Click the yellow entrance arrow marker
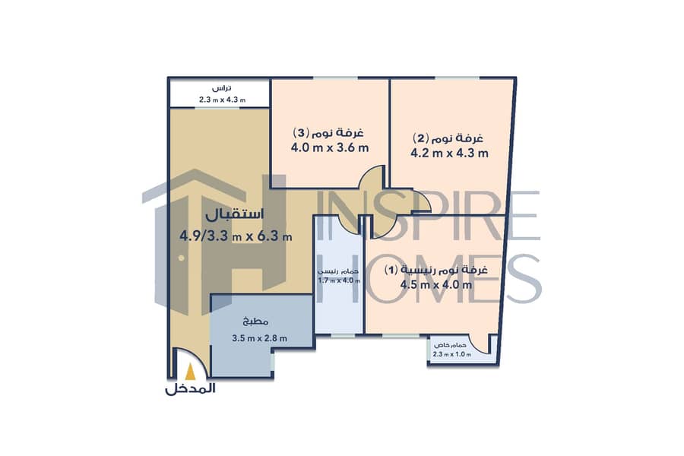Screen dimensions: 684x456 point(190,372)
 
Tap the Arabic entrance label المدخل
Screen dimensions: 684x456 point(190,389)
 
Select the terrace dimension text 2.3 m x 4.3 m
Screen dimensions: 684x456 point(222,100)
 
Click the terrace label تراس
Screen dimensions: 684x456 point(222,88)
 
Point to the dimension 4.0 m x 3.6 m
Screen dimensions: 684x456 point(330,147)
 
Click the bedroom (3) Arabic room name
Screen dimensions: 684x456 point(328,131)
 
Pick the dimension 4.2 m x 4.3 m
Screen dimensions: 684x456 point(449,154)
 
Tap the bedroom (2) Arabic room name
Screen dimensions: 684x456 point(448,138)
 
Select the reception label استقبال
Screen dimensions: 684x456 point(235,214)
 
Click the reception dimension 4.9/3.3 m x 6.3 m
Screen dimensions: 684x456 point(236,236)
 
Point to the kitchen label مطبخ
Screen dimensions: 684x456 point(255,322)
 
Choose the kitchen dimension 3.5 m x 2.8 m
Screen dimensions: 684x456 point(260,337)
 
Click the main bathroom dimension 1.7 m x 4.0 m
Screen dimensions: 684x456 point(339,280)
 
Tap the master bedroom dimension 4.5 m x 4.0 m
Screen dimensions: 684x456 point(436,285)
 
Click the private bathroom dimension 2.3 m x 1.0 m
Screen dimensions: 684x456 point(452,354)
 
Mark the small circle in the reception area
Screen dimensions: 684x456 point(181,258)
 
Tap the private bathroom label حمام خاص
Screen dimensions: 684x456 point(448,345)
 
